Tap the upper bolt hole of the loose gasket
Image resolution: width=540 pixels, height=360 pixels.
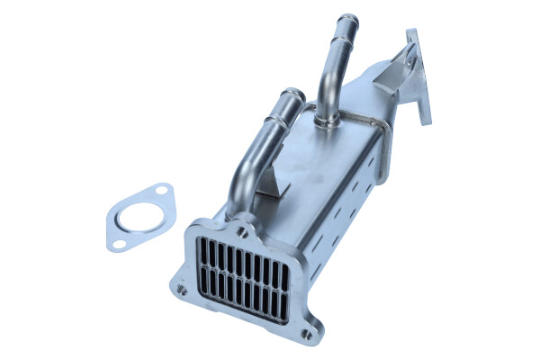(162, 192)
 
